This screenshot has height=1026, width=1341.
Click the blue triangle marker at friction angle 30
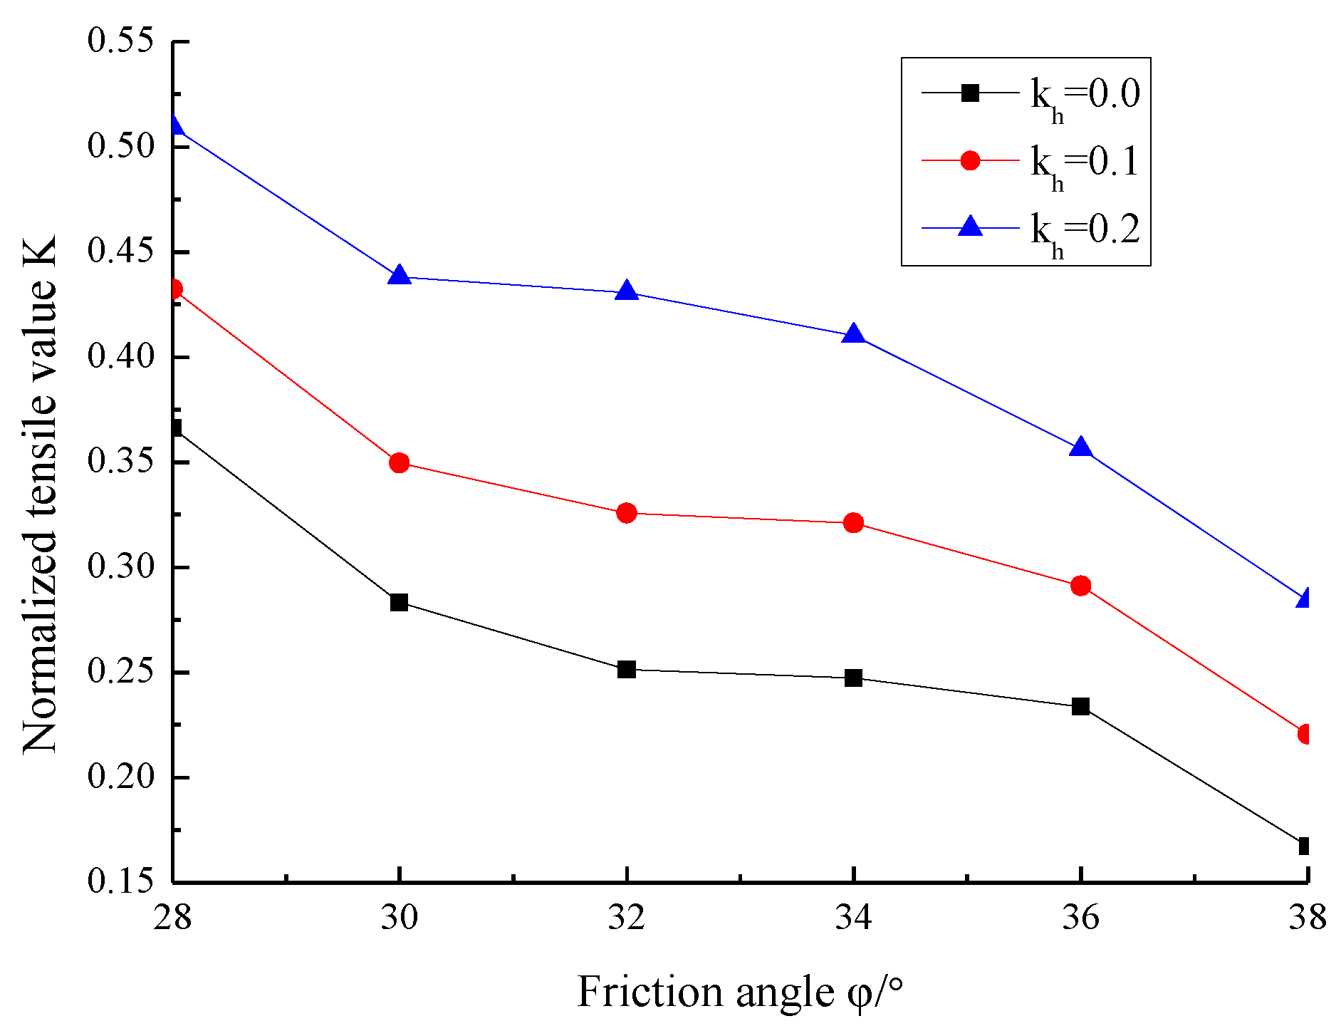click(400, 276)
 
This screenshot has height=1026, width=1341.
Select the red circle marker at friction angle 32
click(627, 513)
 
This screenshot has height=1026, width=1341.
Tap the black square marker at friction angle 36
click(1080, 707)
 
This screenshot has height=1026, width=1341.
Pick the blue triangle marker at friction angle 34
click(853, 335)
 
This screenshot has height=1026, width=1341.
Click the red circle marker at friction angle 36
click(1080, 586)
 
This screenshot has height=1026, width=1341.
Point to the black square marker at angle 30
click(400, 602)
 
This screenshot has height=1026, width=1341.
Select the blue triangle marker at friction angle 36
click(1080, 448)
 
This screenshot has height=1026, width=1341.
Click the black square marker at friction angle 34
click(853, 678)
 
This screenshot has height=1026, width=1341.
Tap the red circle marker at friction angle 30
click(400, 463)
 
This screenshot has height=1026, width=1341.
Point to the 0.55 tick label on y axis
click(120, 41)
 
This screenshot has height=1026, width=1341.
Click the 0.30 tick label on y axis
click(120, 567)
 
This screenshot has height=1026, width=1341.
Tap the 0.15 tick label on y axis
click(120, 881)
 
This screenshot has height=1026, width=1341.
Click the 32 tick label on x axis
click(627, 917)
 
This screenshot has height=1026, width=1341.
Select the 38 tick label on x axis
click(1307, 917)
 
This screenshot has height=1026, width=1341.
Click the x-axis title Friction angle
click(740, 992)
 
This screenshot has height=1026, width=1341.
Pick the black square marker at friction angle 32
click(627, 669)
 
